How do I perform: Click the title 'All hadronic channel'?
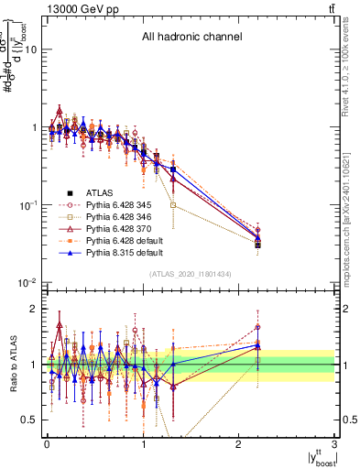coord(191,38)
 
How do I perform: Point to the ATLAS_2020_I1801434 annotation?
coord(190,275)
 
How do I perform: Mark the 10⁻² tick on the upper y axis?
coord(29,283)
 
